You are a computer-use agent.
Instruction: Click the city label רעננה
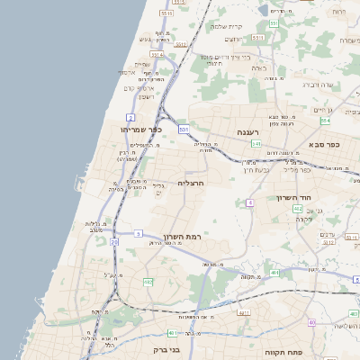pyautogui.click(x=248, y=131)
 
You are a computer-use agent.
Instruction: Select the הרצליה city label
pyautogui.click(x=193, y=183)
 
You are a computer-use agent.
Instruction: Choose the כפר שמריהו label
pyautogui.click(x=139, y=130)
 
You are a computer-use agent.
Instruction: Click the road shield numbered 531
pyautogui.click(x=184, y=129)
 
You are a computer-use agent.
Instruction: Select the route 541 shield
pyautogui.click(x=256, y=143)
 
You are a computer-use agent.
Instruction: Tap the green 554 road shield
pyautogui.click(x=325, y=120)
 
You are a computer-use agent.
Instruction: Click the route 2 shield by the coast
pyautogui.click(x=130, y=118)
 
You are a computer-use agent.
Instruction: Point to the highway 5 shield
pyautogui.click(x=139, y=233)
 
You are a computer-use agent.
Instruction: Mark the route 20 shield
pyautogui.click(x=114, y=242)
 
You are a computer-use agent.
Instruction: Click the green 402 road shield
pyautogui.click(x=297, y=208)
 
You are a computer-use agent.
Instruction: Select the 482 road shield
pyautogui.click(x=148, y=282)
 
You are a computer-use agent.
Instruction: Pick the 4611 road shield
pyautogui.click(x=243, y=313)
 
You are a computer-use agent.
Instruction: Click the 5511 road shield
pyautogui.click(x=166, y=13)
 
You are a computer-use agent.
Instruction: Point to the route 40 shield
pyautogui.click(x=311, y=321)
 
